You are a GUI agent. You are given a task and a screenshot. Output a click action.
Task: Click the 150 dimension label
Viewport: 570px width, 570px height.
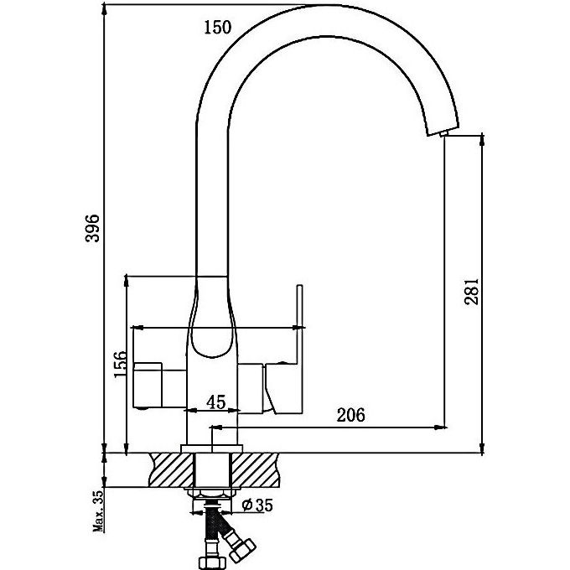217,28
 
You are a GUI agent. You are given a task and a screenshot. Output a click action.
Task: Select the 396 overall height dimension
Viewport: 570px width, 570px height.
94,228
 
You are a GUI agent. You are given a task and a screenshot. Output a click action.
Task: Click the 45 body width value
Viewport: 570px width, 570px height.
215,402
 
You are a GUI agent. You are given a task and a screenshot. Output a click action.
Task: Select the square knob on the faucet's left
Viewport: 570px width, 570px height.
151,382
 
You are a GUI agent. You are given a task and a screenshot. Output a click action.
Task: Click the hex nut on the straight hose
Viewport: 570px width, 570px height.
210,560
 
